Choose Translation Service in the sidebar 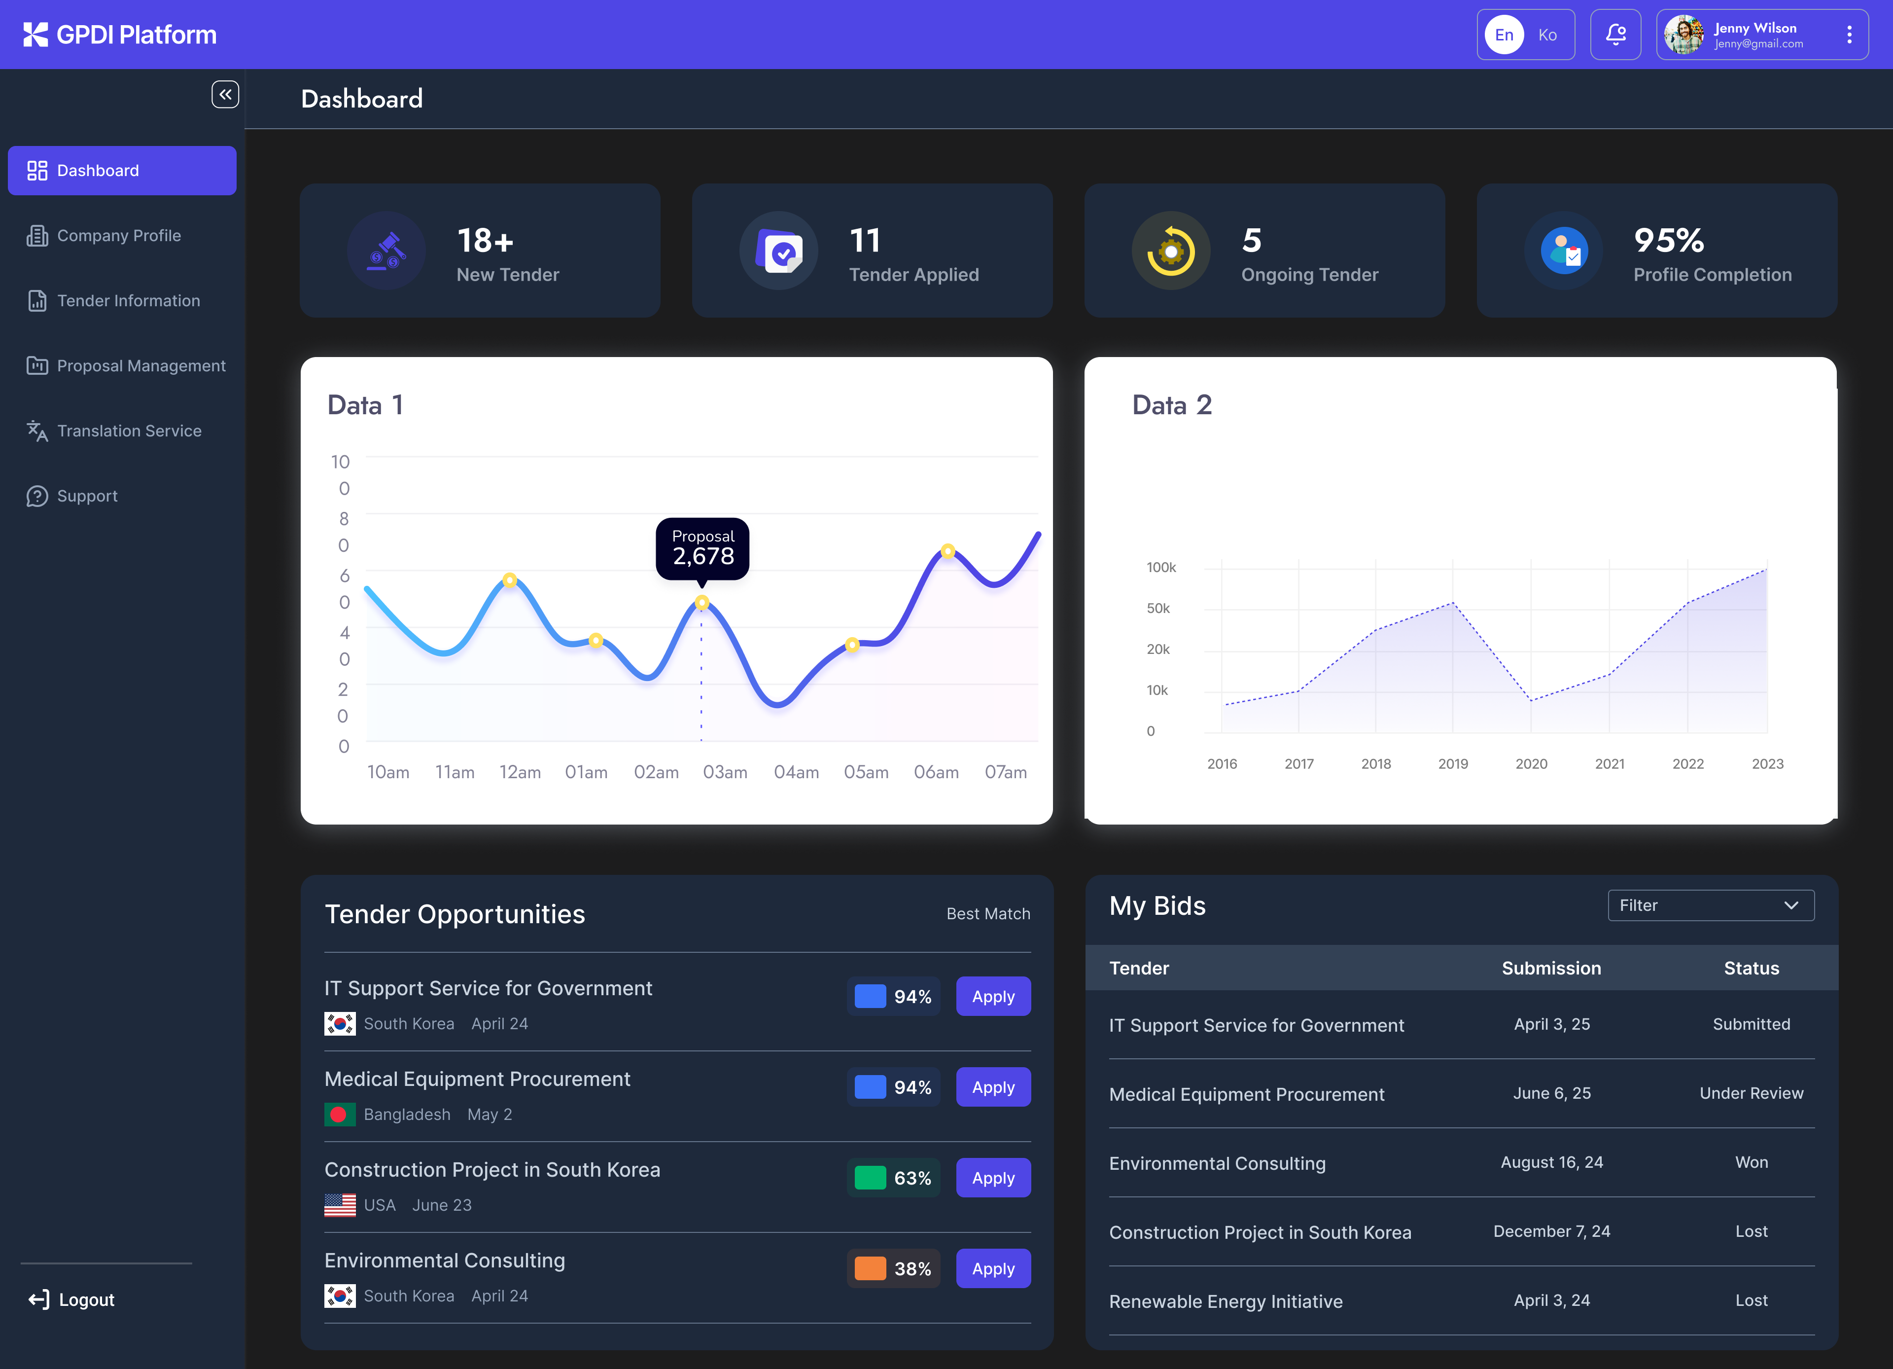(x=129, y=431)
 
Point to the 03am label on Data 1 (x=725, y=772)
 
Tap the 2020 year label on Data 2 (x=1531, y=764)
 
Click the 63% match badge (x=893, y=1178)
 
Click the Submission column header (x=1551, y=969)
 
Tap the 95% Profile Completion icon (x=1563, y=251)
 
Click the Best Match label (x=987, y=914)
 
